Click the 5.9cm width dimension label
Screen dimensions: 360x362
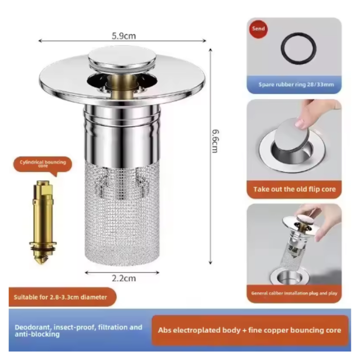coord(123,36)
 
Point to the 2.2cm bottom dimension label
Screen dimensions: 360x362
coord(124,279)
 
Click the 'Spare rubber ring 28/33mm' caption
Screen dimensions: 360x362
coord(294,85)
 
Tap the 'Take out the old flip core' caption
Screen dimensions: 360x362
coord(294,189)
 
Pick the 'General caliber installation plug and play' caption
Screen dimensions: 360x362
coord(294,293)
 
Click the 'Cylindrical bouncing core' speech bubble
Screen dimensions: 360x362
coord(48,164)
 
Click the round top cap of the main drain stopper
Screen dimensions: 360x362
coord(122,58)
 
